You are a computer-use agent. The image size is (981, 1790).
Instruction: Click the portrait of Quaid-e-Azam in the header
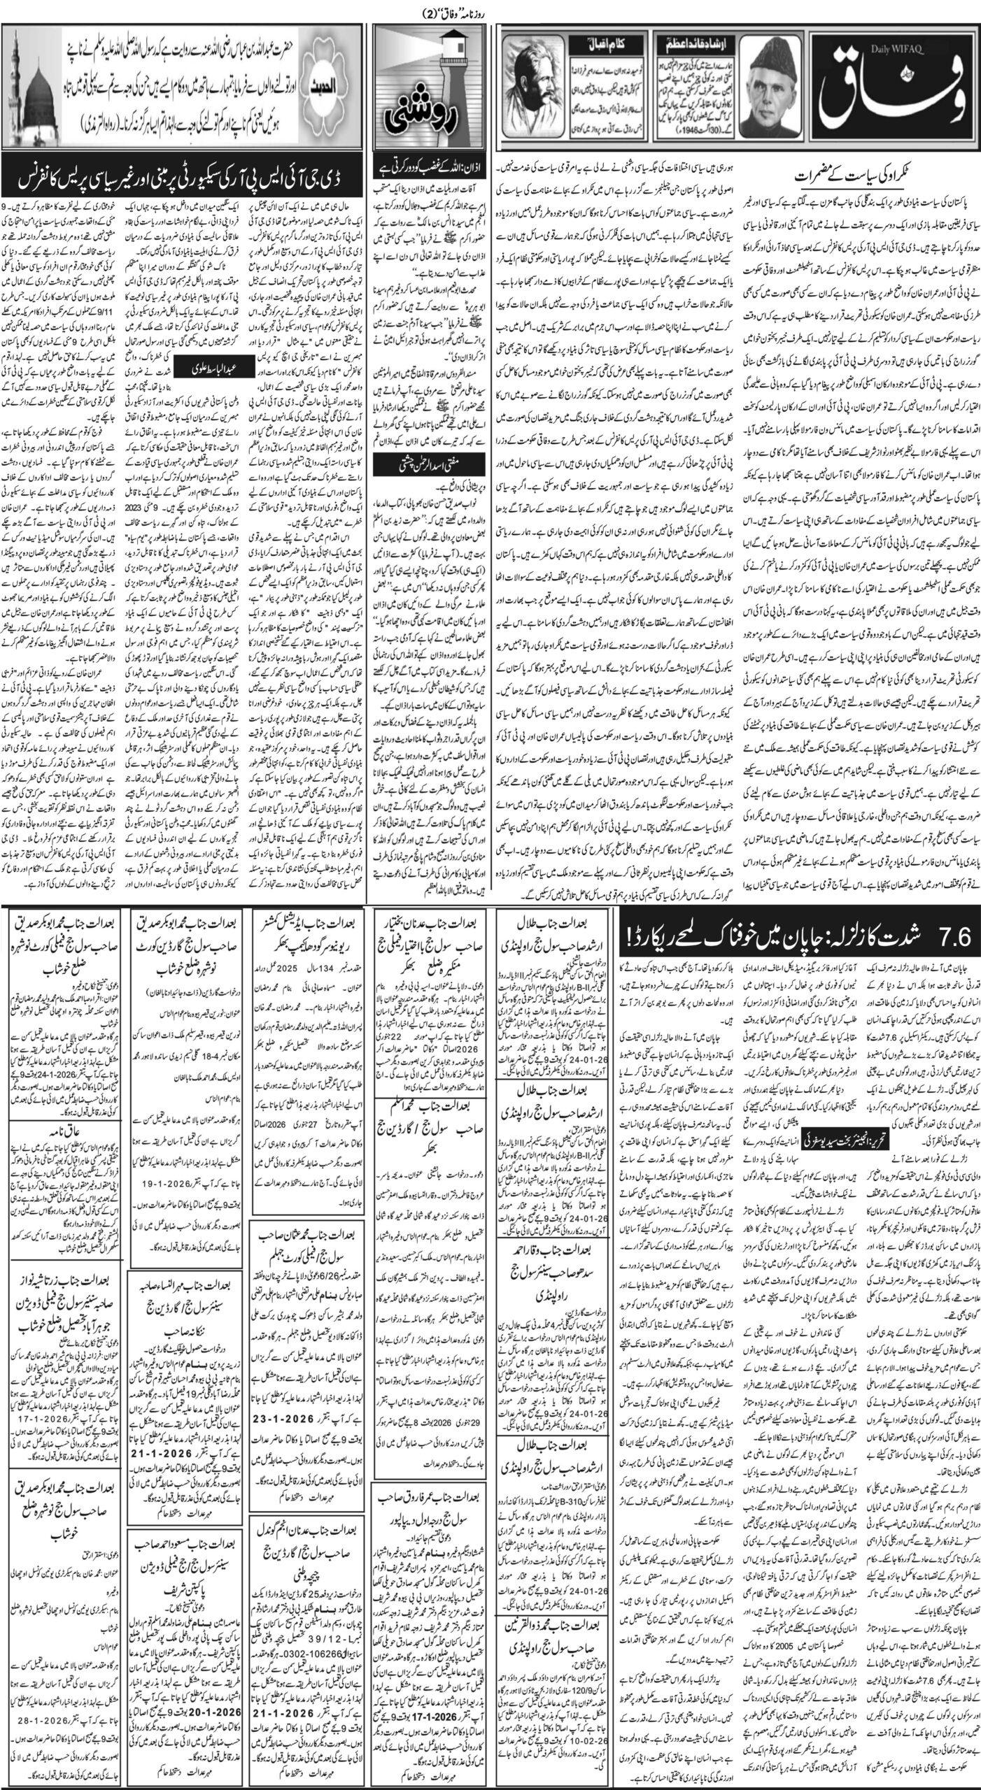pos(787,94)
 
